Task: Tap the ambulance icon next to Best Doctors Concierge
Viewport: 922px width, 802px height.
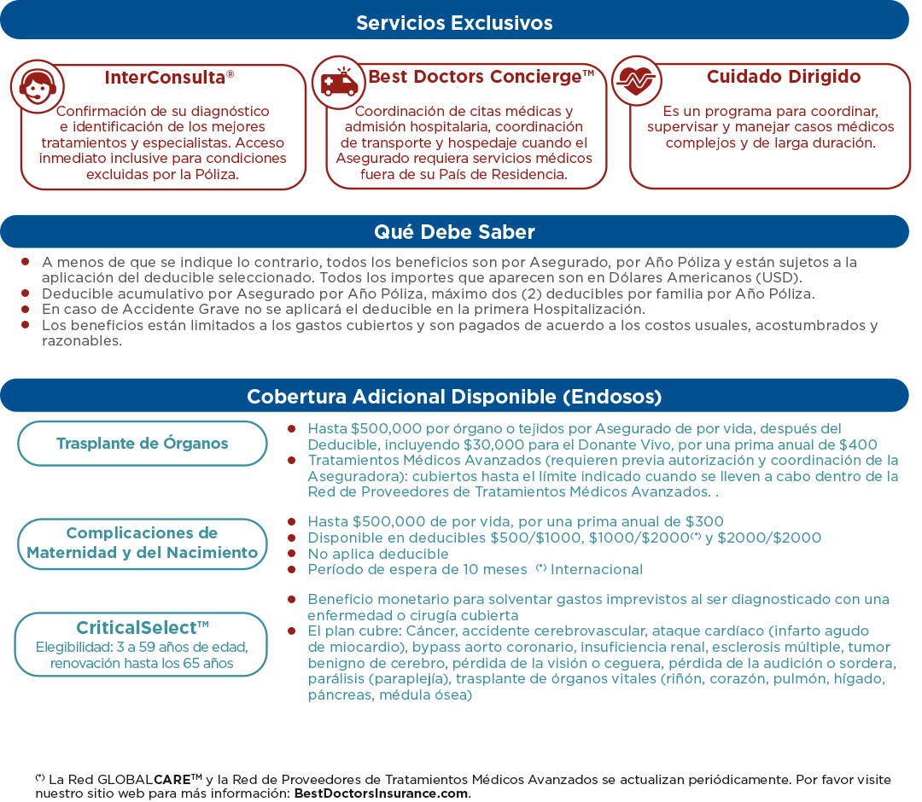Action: [339, 83]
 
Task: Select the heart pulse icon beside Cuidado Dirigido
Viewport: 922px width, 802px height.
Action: [637, 81]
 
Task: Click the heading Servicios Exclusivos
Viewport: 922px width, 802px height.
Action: [454, 23]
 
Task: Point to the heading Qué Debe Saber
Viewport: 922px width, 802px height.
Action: [454, 232]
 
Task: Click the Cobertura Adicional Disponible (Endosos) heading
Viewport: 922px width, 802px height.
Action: [454, 397]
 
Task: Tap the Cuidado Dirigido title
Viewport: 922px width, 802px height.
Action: [783, 77]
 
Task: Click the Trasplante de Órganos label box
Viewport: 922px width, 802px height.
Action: [143, 444]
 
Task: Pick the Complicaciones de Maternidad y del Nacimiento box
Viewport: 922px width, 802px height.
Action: [143, 543]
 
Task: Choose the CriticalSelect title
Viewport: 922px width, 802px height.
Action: [143, 628]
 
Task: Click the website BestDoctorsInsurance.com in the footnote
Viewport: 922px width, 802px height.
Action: [381, 793]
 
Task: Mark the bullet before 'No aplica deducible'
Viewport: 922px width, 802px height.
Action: [292, 553]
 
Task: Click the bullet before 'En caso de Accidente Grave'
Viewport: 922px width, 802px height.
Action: [26, 309]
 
